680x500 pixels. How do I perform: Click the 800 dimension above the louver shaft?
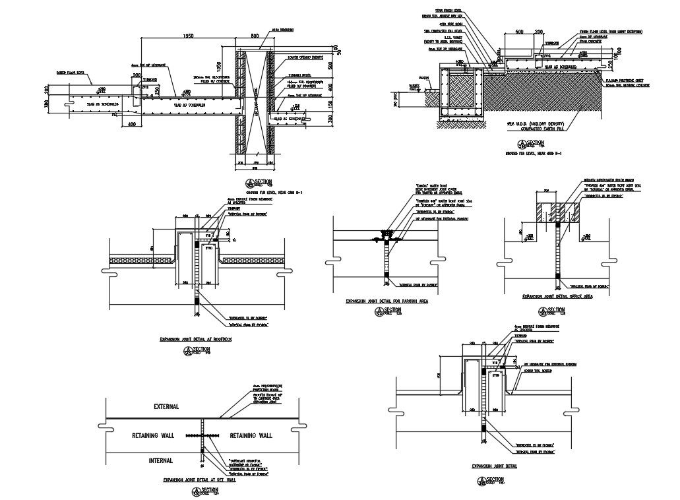tap(255, 35)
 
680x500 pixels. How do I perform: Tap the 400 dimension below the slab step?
tap(132, 124)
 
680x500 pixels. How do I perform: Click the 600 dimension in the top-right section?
tap(519, 31)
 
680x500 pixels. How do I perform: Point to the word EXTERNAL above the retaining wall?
tap(166, 407)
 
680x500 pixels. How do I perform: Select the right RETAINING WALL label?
tap(247, 435)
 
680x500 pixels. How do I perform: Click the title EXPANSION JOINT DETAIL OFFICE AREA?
tap(557, 297)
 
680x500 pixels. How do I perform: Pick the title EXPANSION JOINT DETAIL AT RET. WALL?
tap(199, 481)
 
